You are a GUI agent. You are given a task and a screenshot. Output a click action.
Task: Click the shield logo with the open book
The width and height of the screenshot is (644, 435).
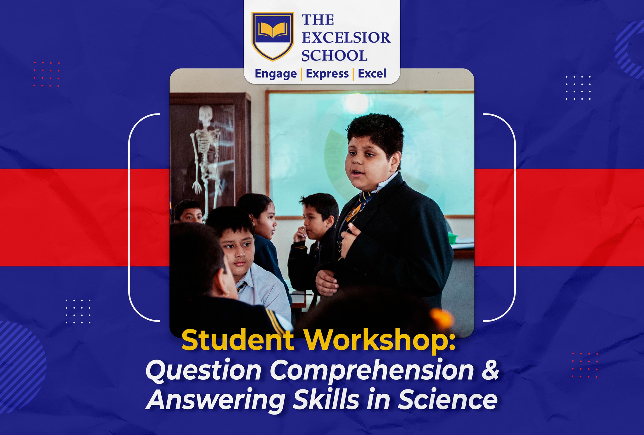click(x=273, y=36)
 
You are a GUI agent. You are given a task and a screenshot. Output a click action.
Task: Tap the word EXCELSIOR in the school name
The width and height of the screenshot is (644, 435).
click(x=346, y=38)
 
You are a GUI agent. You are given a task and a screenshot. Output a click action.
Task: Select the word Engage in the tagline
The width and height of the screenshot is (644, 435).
click(x=276, y=74)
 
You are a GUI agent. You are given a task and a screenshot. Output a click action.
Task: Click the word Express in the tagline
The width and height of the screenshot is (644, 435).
click(x=327, y=74)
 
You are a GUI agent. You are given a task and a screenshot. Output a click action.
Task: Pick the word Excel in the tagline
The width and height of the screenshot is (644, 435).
click(x=372, y=74)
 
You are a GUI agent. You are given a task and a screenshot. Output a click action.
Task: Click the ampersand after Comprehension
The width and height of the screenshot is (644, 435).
click(x=490, y=370)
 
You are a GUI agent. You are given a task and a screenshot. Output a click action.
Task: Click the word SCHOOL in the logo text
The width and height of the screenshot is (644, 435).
click(x=334, y=56)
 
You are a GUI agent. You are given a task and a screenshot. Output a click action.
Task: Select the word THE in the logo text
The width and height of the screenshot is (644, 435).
click(x=318, y=20)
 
